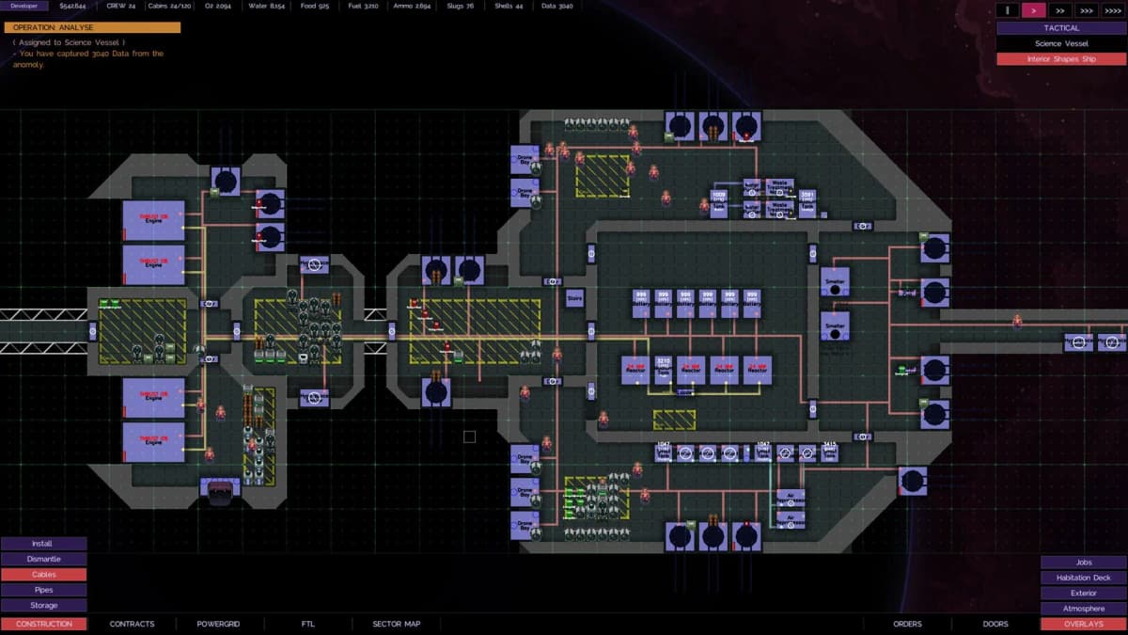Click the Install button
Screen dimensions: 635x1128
point(43,544)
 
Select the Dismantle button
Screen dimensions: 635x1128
point(43,559)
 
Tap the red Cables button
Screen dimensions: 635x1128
point(43,575)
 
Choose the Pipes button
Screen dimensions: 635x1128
point(43,590)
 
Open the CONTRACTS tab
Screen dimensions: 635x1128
point(132,624)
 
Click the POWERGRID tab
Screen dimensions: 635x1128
point(218,624)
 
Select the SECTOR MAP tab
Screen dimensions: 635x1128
point(396,624)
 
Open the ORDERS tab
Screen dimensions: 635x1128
point(907,624)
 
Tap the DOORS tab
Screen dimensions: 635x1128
point(995,624)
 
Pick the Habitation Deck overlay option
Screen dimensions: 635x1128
point(1083,578)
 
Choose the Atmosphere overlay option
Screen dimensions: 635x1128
point(1083,609)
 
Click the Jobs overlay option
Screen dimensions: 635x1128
point(1083,563)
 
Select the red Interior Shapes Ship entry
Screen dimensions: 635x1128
point(1061,59)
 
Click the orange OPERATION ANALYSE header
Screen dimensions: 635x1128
point(92,27)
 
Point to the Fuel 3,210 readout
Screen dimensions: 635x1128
point(363,6)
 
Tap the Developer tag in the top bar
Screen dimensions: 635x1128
point(24,6)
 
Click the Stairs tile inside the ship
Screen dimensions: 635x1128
point(575,299)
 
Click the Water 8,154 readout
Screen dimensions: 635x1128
point(266,6)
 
